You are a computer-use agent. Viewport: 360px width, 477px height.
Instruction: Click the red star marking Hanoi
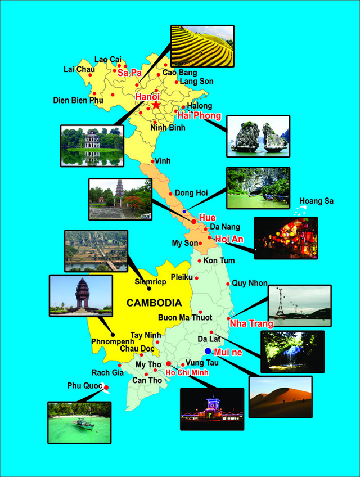pos(156,105)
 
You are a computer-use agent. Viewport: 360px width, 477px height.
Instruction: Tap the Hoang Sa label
pos(316,201)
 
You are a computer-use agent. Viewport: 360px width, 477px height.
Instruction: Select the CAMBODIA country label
pos(154,303)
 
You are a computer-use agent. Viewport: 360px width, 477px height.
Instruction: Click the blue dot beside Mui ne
pos(208,351)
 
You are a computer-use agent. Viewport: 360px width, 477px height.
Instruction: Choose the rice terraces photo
pos(202,46)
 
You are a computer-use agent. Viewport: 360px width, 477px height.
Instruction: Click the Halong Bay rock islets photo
pos(258,136)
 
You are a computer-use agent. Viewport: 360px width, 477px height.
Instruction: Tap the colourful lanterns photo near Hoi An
pos(286,237)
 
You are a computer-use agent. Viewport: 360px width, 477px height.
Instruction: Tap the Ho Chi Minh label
pos(187,372)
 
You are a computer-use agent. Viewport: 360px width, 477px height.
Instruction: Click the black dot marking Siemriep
pos(149,289)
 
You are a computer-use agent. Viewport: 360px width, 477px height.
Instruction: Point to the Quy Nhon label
pos(250,283)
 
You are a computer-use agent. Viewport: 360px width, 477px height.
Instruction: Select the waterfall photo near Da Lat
pos(292,352)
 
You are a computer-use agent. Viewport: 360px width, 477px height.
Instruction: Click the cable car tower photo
pos(299,305)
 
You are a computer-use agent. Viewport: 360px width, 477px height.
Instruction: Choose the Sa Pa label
pos(129,73)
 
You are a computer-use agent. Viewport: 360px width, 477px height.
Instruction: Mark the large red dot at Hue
pos(194,222)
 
